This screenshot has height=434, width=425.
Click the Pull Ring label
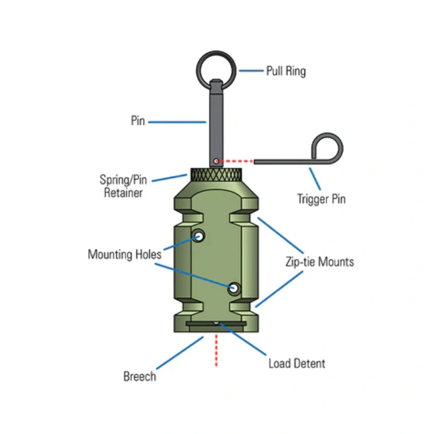pyautogui.click(x=286, y=71)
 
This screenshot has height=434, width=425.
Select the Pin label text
pyautogui.click(x=138, y=121)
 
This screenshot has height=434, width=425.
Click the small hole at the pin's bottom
pyautogui.click(x=216, y=161)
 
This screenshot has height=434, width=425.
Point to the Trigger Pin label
pyautogui.click(x=321, y=199)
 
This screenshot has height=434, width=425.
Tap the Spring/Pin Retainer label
pyautogui.click(x=123, y=186)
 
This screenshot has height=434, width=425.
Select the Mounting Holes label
pyautogui.click(x=124, y=254)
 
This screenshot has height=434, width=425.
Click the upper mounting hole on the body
pyautogui.click(x=198, y=236)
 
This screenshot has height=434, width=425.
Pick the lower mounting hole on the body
pyautogui.click(x=234, y=288)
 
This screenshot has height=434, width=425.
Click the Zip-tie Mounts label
pyautogui.click(x=320, y=261)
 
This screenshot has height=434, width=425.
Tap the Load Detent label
pyautogui.click(x=297, y=363)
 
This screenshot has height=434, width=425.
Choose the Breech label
pyautogui.click(x=139, y=376)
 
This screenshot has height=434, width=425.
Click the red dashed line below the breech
pyautogui.click(x=216, y=350)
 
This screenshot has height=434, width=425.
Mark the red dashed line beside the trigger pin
pyautogui.click(x=236, y=161)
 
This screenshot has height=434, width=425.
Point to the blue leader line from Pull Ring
pyautogui.click(x=251, y=71)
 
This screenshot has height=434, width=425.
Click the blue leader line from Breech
pyautogui.click(x=180, y=353)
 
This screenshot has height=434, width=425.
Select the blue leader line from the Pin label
pyautogui.click(x=177, y=122)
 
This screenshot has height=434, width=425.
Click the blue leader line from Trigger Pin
pyautogui.click(x=315, y=179)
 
